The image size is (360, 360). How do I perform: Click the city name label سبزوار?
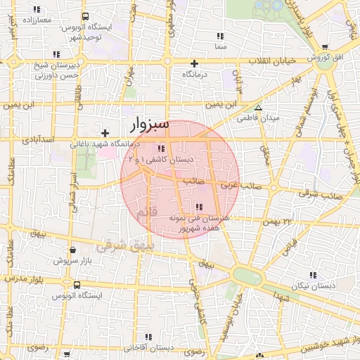click(150, 124)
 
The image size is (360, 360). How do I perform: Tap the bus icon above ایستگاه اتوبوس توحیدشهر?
click(85, 17)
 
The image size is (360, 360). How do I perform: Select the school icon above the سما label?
click(221, 36)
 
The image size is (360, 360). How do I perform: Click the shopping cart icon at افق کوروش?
click(326, 46)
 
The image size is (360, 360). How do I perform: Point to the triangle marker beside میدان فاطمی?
click(259, 108)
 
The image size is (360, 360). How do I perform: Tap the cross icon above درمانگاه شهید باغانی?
click(105, 133)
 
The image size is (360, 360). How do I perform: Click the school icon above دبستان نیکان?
click(312, 275)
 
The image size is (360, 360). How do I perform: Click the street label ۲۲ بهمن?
click(277, 222)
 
